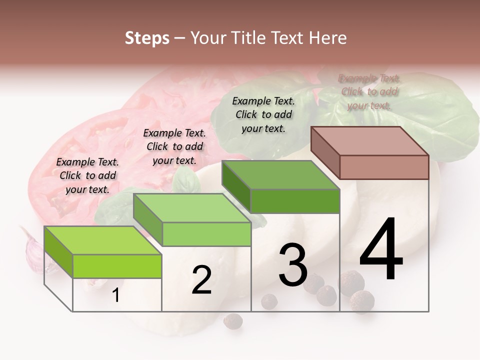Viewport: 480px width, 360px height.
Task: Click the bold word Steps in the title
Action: point(146,38)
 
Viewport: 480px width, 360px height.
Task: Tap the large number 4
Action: point(381,250)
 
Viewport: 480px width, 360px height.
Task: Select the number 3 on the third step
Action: point(293,265)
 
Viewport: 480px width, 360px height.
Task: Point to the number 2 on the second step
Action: point(201,280)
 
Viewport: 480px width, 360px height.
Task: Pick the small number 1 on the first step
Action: point(116,295)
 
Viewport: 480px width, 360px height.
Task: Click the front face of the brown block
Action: point(384,167)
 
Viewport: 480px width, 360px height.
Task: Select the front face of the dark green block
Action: point(295,201)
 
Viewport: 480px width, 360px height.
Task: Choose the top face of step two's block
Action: point(192,208)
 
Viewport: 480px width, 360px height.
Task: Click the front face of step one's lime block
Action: point(117,266)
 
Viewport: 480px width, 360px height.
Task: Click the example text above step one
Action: point(87,175)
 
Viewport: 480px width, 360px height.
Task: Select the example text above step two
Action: point(174,146)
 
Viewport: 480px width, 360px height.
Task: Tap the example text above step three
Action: point(263,114)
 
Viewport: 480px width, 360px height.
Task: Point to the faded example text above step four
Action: point(369,91)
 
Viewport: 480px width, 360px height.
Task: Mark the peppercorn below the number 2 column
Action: point(232,320)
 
